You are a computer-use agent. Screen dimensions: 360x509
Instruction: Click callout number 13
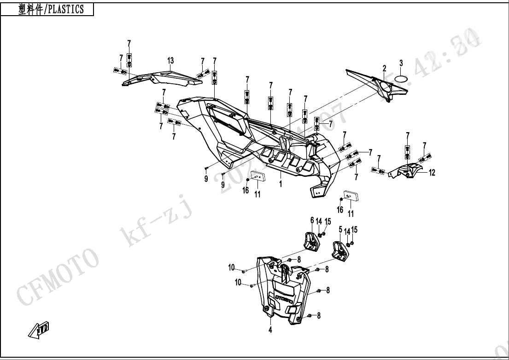pos(170,61)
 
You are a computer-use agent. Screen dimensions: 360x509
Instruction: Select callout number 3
pos(401,63)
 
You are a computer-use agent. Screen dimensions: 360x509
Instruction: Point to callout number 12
pos(432,173)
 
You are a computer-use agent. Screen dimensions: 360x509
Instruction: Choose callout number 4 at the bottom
pos(270,330)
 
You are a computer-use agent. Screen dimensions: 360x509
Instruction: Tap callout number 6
pos(312,221)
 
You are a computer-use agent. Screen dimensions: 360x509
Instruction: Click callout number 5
pos(340,229)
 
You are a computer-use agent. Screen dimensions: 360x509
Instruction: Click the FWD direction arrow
pos(39,331)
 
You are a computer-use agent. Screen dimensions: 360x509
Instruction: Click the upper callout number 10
pos(232,267)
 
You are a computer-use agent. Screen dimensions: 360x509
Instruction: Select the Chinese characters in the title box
pos(30,9)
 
